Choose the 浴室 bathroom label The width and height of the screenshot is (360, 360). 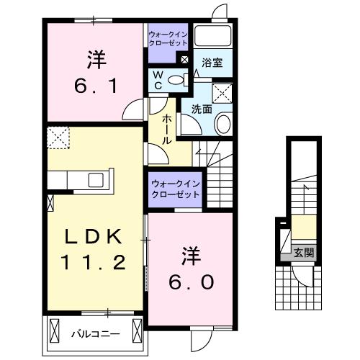(x=212, y=63)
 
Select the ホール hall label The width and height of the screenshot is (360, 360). (x=167, y=129)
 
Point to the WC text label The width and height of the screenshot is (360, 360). (x=157, y=80)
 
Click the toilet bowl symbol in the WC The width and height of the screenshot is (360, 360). (x=177, y=80)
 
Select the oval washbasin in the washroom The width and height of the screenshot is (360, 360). (x=222, y=124)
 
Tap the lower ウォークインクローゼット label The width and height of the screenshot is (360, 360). (x=176, y=189)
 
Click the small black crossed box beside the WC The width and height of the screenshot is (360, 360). (x=185, y=60)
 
